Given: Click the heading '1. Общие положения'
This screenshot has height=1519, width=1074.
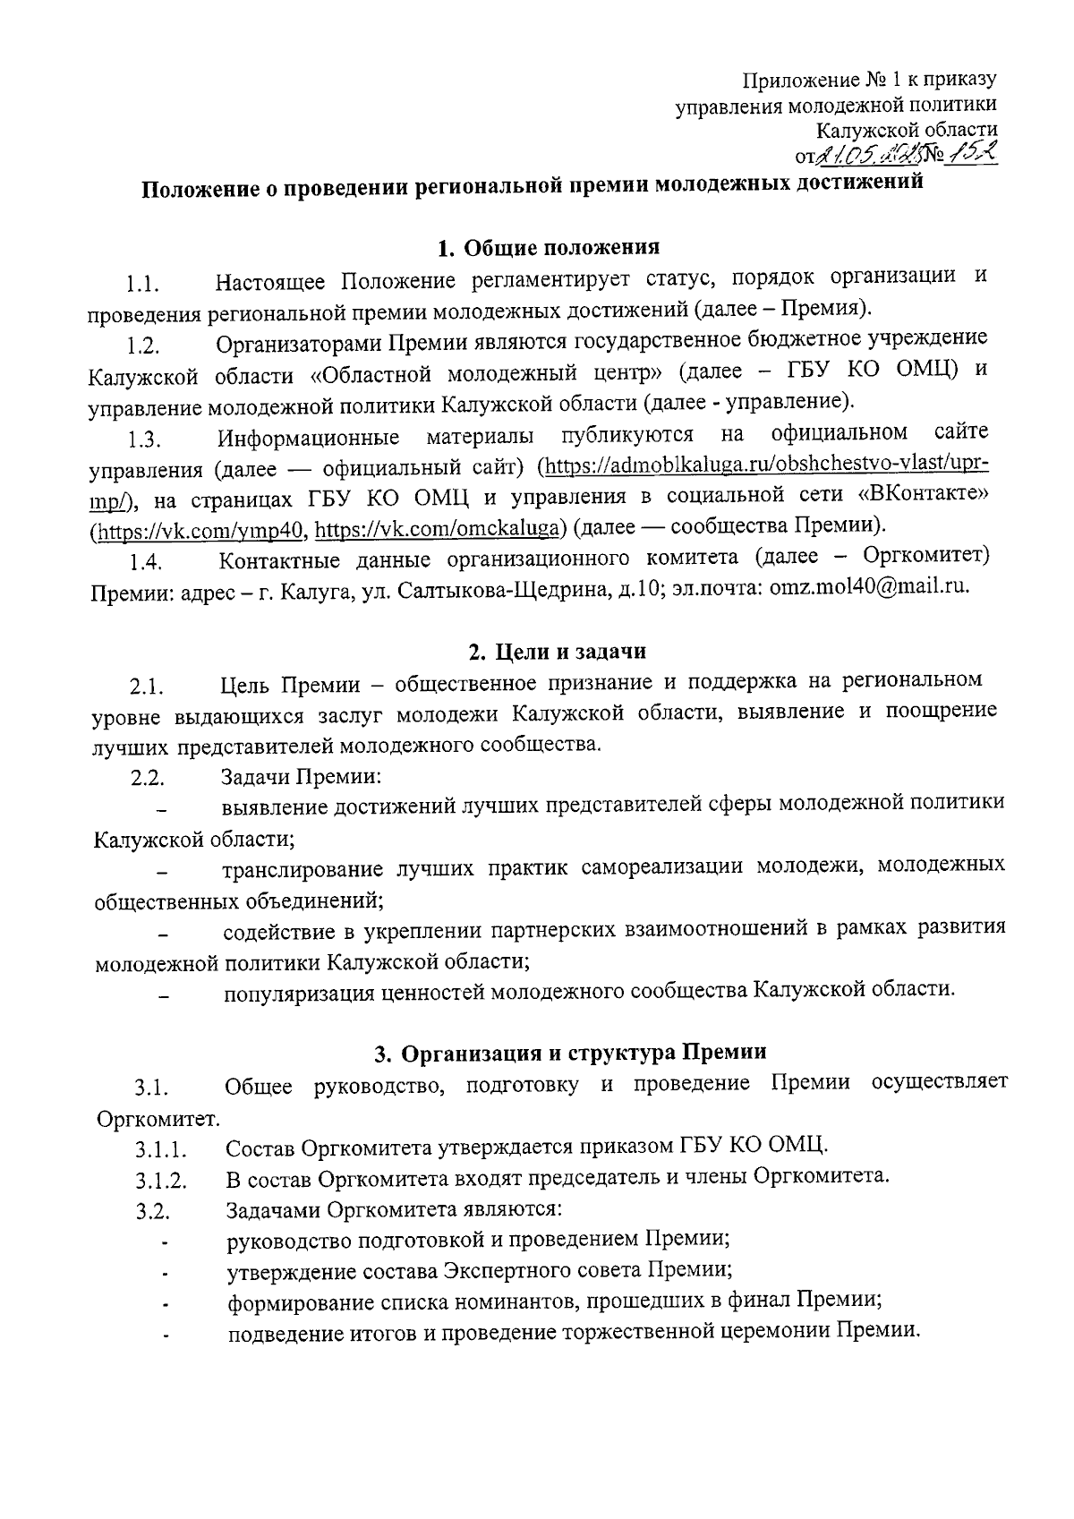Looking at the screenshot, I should [x=548, y=247].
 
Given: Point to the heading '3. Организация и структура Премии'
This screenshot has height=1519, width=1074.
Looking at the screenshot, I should [x=570, y=1053].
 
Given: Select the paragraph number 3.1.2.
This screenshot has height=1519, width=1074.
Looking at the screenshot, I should [x=161, y=1181].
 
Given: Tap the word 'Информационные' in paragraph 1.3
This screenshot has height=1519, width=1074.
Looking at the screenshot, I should [x=309, y=437].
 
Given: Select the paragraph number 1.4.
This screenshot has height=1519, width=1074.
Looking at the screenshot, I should [x=144, y=562].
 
